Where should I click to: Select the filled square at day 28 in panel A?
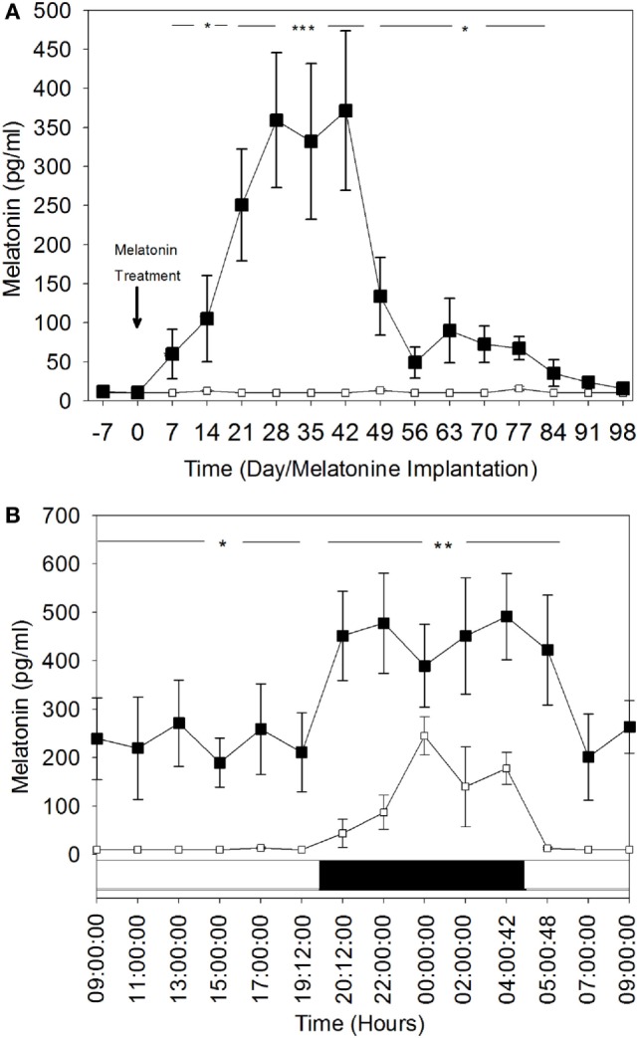[x=277, y=120]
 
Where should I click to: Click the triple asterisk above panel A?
[x=304, y=28]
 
